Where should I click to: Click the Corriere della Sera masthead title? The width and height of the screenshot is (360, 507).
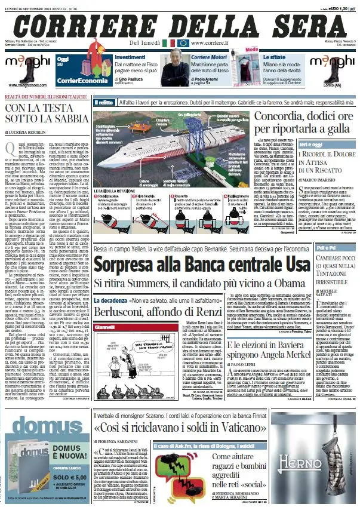[180, 26]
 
